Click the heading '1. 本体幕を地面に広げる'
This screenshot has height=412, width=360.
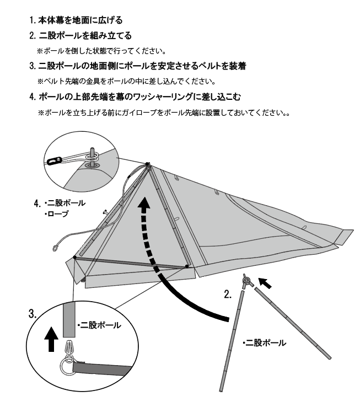(x=76, y=20)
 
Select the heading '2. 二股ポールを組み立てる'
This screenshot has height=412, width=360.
(x=80, y=35)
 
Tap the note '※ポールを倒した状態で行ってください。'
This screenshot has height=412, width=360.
(x=101, y=51)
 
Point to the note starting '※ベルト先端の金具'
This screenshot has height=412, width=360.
(x=127, y=81)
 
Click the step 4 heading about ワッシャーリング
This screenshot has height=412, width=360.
(x=135, y=97)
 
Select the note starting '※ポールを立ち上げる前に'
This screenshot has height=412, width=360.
(x=164, y=113)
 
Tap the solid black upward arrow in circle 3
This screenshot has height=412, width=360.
(x=51, y=339)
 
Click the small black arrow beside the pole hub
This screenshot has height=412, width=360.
(x=265, y=283)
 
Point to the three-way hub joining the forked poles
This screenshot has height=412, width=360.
(x=247, y=281)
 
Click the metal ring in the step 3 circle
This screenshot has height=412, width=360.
(x=67, y=366)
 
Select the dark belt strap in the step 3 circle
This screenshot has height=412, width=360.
(x=103, y=368)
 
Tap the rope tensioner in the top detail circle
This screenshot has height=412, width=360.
(x=55, y=160)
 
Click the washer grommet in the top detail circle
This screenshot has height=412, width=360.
(x=92, y=165)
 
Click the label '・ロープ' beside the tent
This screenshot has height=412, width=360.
(x=56, y=213)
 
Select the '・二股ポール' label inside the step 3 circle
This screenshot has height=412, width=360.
(x=99, y=325)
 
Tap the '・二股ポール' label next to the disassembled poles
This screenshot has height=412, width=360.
(x=265, y=343)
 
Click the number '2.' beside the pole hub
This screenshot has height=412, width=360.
(x=228, y=295)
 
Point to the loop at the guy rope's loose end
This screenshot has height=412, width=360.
(x=56, y=248)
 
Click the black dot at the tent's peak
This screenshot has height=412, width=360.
(x=147, y=164)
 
